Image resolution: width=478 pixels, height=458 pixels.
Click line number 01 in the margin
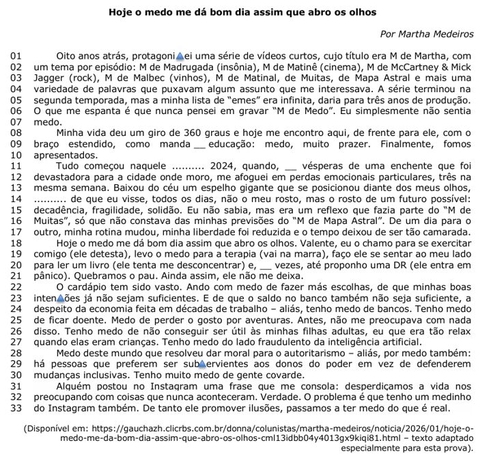coord(17,55)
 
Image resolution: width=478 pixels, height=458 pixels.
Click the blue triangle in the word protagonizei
coord(180,55)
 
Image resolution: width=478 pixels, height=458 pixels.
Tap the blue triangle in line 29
coord(202,364)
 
